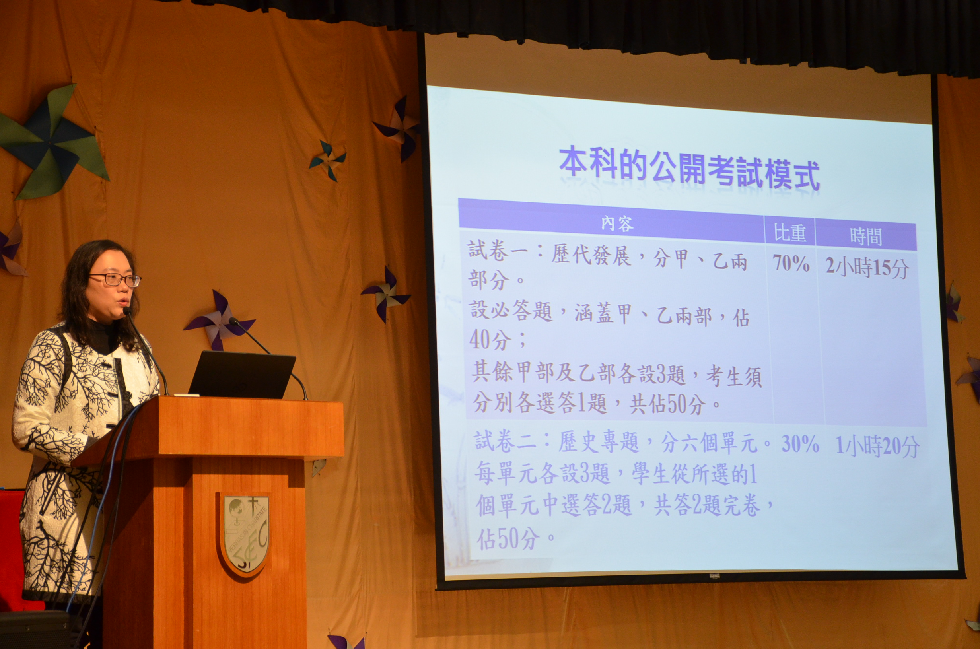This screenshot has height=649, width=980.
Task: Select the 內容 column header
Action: pos(616,223)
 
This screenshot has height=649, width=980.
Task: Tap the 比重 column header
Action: pos(789,233)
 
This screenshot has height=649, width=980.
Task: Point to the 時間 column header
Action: pos(866,237)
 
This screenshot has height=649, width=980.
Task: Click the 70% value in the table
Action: pos(791,263)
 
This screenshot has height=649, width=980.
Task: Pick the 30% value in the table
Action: pos(800,444)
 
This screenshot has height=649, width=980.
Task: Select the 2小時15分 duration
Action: pos(867,267)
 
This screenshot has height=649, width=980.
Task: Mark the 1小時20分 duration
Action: pos(877,447)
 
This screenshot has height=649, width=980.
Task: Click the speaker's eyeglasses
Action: pos(115,280)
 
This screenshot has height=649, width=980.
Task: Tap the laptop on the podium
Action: pos(242,375)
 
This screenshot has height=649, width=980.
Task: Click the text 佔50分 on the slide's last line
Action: pos(508,538)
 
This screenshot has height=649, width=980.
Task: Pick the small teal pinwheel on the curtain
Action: pos(328,160)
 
